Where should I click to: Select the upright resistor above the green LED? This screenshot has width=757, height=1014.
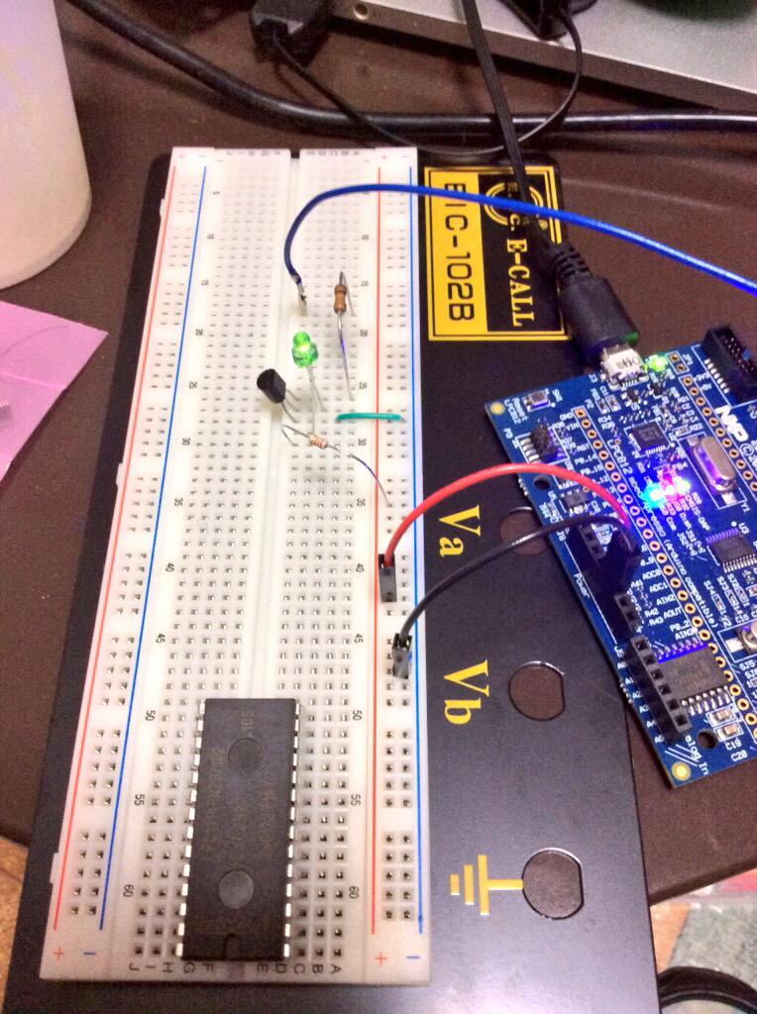(x=343, y=295)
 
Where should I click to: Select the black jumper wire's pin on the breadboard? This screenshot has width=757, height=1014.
(x=401, y=655)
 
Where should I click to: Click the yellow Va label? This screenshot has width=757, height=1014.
(x=463, y=536)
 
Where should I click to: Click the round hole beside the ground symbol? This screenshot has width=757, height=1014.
(x=552, y=882)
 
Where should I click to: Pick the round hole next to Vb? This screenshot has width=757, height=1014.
(x=536, y=690)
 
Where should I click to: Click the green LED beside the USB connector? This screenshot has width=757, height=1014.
(x=654, y=367)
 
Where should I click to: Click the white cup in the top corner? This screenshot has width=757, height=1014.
(x=40, y=139)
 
